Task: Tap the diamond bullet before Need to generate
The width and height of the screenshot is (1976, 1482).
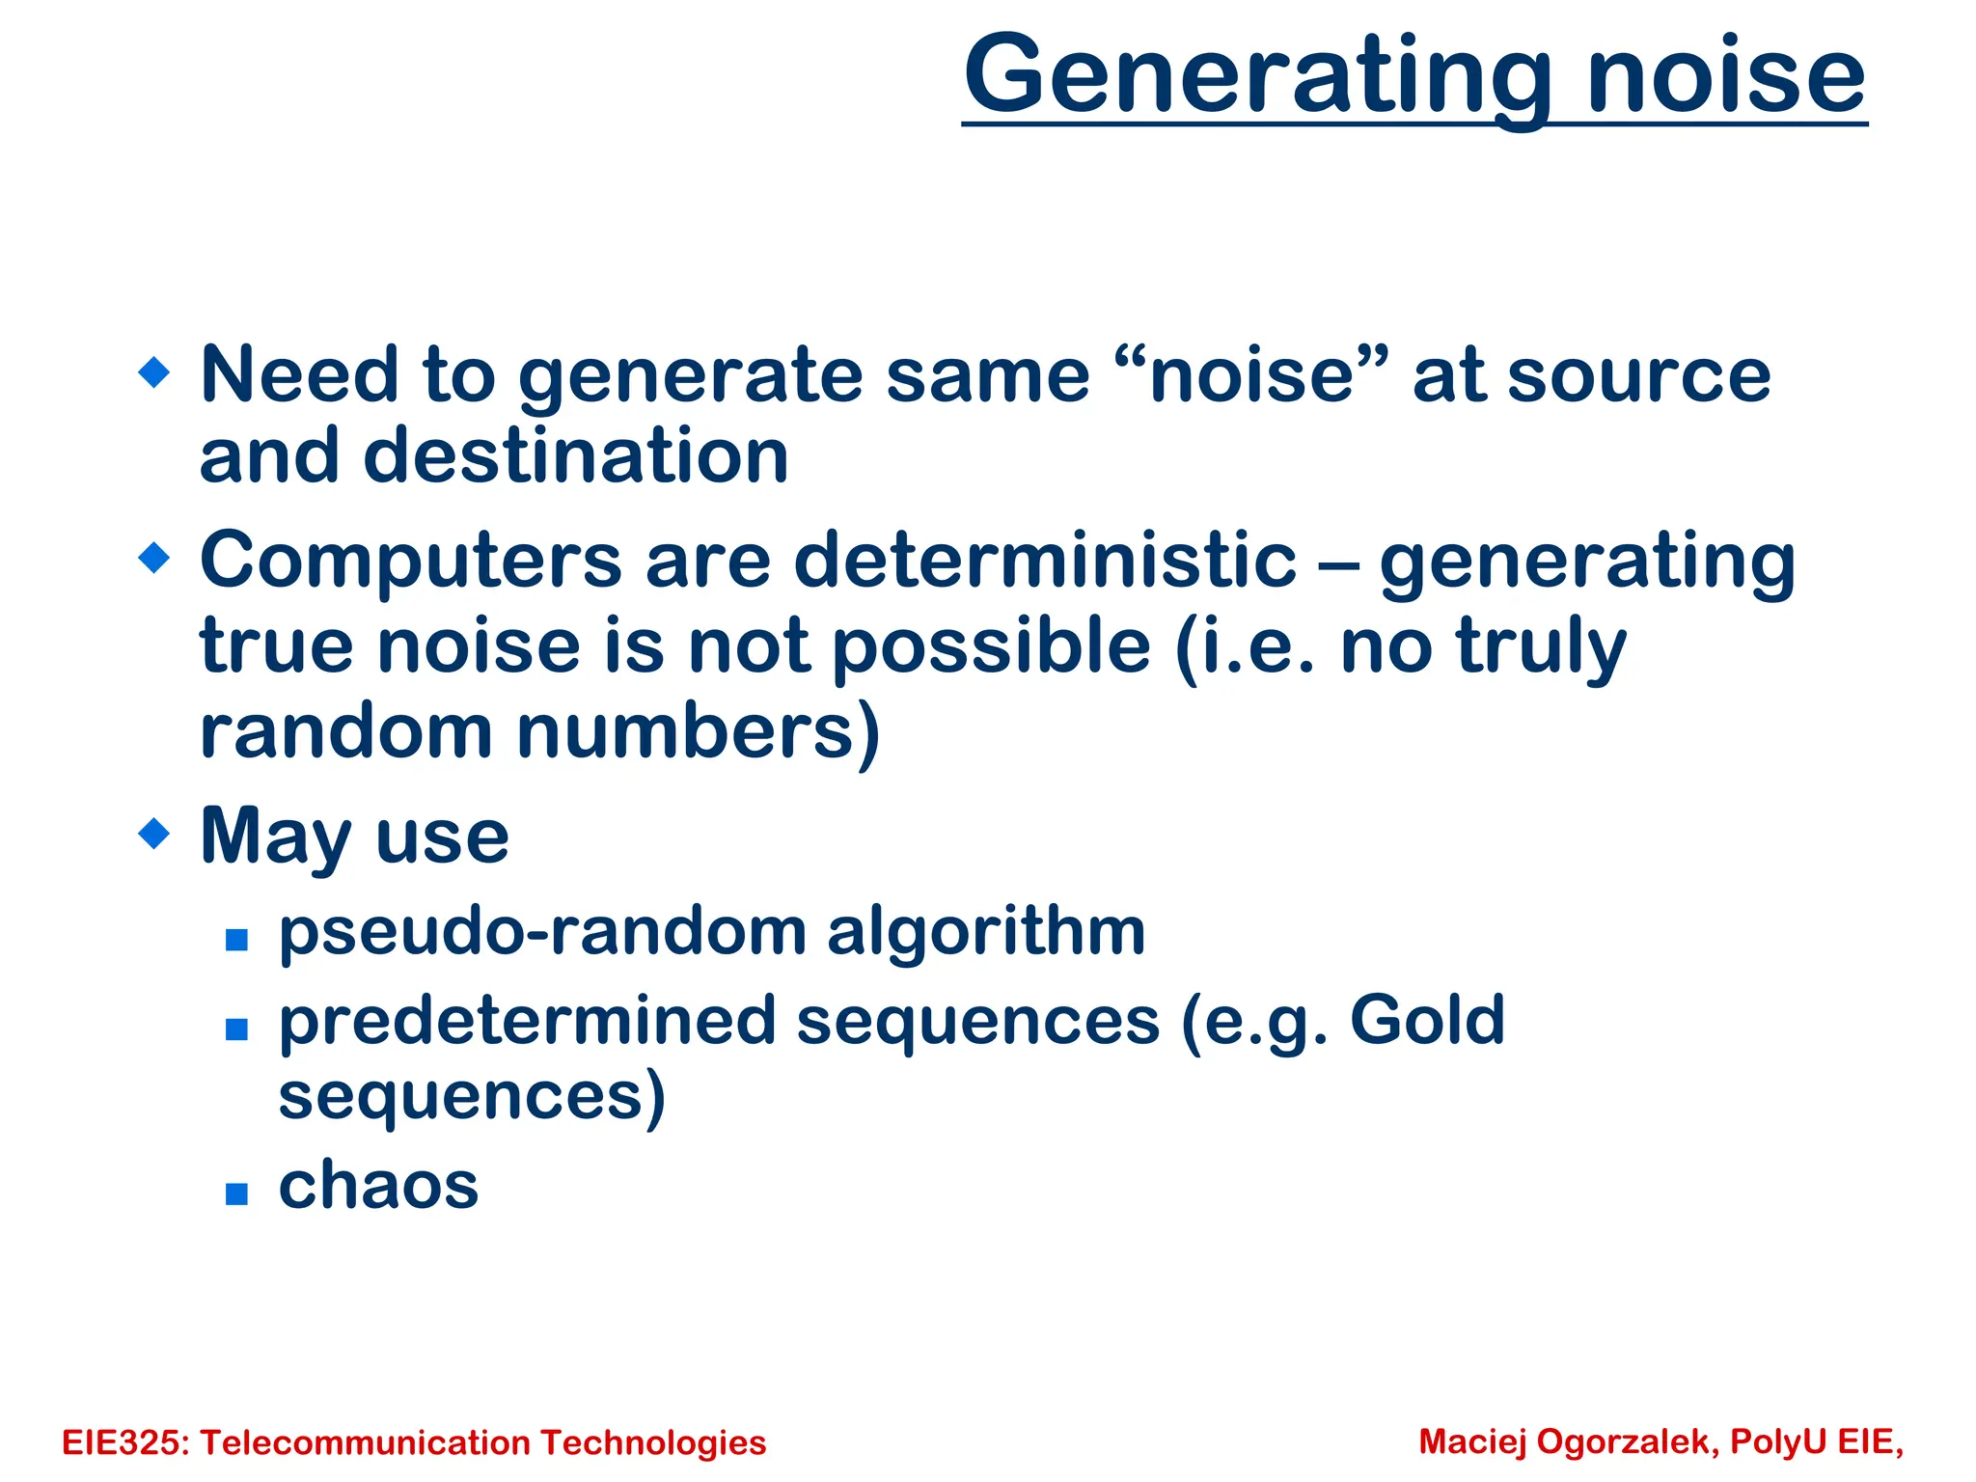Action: click(x=154, y=371)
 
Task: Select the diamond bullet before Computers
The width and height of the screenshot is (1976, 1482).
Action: click(x=154, y=557)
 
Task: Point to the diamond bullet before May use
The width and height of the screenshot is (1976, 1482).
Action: click(x=154, y=833)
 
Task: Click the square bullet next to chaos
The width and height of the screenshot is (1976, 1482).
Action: click(x=236, y=1194)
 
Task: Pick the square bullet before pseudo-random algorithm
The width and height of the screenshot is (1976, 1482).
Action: click(x=236, y=939)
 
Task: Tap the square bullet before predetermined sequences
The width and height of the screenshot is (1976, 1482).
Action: click(x=236, y=1029)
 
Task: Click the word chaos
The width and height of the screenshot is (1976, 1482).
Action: click(x=378, y=1185)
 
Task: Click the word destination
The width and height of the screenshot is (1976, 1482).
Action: click(x=576, y=455)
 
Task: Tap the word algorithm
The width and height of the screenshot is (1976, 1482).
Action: click(x=986, y=933)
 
